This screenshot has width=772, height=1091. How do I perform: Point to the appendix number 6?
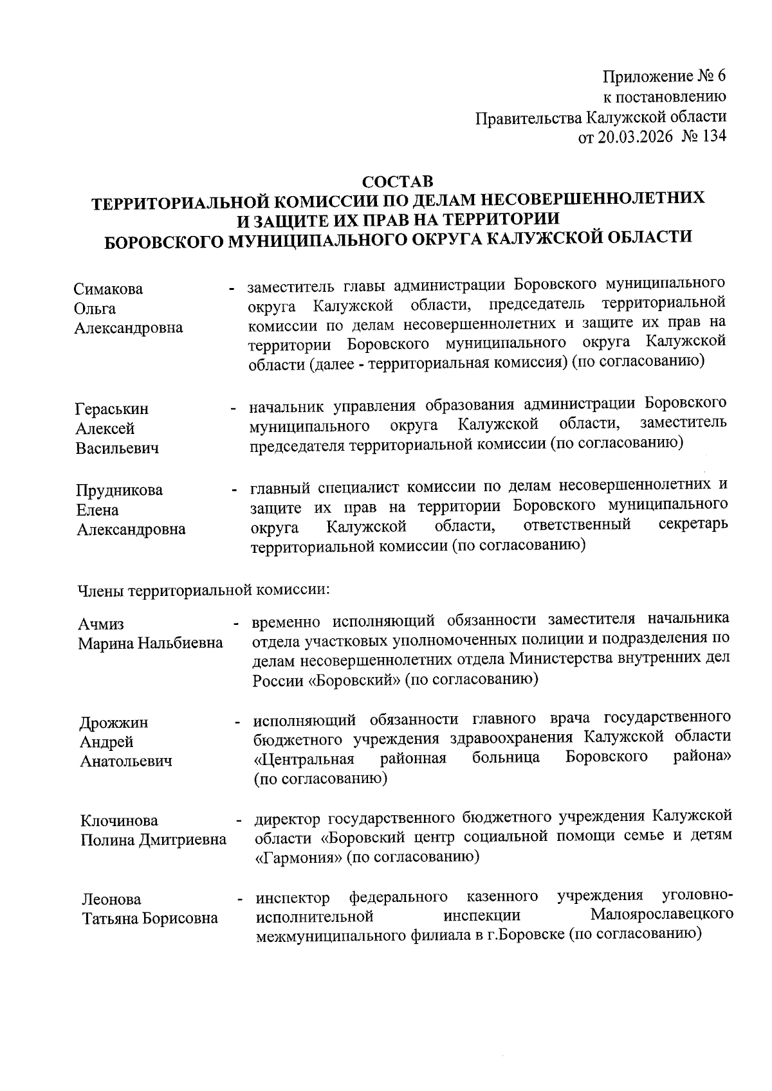[721, 77]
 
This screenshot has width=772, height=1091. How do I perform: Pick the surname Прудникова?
[120, 491]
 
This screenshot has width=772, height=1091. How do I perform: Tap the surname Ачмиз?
[101, 624]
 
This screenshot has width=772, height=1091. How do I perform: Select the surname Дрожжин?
[114, 723]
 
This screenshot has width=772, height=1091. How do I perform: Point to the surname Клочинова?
[119, 821]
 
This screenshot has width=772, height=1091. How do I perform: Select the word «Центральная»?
[304, 759]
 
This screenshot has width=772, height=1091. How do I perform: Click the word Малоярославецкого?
[662, 914]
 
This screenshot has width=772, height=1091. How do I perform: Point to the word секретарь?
[694, 524]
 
